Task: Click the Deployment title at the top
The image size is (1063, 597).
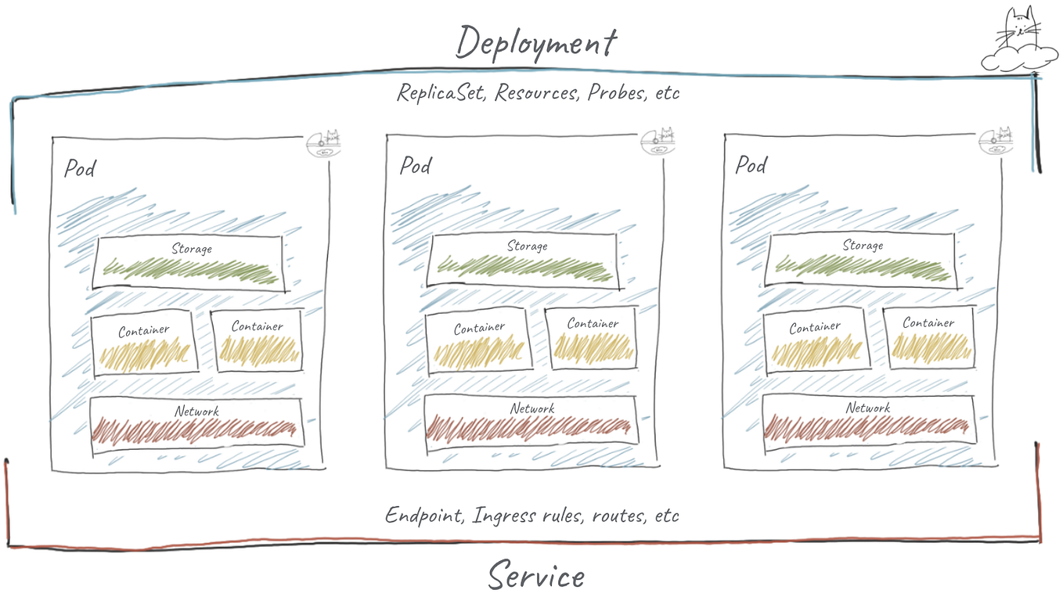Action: click(x=536, y=42)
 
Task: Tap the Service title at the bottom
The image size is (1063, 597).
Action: click(x=536, y=577)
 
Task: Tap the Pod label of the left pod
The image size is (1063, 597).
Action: click(x=80, y=167)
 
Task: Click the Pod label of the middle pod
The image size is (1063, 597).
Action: click(x=415, y=165)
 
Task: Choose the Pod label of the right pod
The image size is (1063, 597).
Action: click(x=751, y=164)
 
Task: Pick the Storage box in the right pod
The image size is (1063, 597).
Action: click(x=860, y=261)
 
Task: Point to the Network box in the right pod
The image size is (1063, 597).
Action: click(x=867, y=421)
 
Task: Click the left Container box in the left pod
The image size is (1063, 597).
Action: click(x=144, y=347)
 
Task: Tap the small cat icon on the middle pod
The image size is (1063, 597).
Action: click(x=658, y=142)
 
